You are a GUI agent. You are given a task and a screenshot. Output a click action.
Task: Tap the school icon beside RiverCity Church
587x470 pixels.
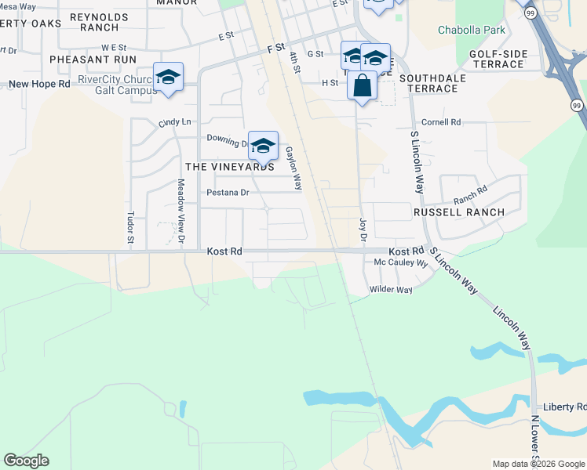(x=168, y=77)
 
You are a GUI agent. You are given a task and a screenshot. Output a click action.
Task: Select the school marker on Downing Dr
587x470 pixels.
(x=264, y=145)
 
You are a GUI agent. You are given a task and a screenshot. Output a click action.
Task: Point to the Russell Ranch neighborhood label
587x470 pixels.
(x=459, y=212)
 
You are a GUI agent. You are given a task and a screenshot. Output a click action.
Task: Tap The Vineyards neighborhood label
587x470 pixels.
(x=230, y=167)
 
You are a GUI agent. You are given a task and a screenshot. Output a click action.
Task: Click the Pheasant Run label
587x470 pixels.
(x=93, y=59)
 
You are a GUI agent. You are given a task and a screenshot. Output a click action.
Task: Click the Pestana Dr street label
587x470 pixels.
(x=227, y=192)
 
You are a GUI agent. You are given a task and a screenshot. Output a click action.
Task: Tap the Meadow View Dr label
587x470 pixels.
(x=180, y=210)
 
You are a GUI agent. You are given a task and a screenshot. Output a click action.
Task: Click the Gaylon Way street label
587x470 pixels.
(x=293, y=168)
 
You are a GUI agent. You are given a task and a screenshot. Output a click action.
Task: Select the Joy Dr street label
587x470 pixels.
(x=363, y=229)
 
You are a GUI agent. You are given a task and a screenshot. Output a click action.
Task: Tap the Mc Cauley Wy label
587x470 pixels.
(x=400, y=263)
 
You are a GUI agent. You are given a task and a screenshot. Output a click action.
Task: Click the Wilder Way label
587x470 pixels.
(x=392, y=290)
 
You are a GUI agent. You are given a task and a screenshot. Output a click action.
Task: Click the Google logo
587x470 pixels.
(x=26, y=461)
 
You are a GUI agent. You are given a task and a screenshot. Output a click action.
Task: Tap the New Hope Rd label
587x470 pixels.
(x=40, y=83)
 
